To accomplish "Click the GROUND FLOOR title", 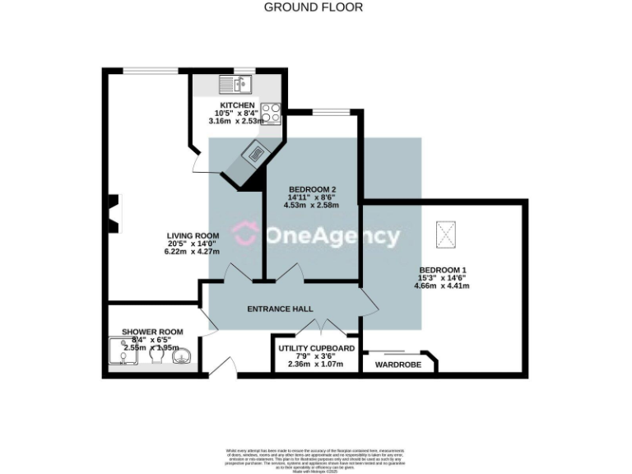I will point(313,7).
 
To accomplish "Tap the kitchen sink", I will point(235,84).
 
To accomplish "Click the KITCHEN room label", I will point(237,105).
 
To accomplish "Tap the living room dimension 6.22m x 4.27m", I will point(193,252).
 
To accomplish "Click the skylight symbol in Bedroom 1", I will point(447,234).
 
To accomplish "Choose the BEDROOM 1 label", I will point(442,270).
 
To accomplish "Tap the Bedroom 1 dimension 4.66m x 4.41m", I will point(442,286).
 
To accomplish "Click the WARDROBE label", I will point(398,363).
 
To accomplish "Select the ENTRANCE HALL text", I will point(281,309).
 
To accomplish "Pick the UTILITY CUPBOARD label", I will point(316,348).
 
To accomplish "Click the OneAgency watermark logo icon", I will point(244,235).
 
